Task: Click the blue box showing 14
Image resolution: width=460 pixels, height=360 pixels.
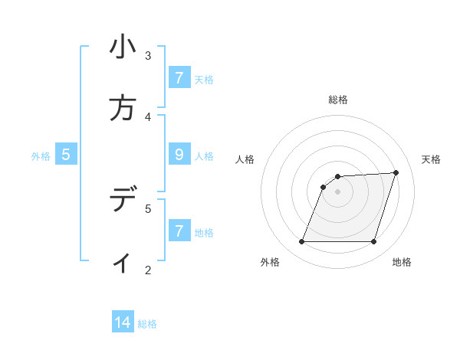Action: click(123, 322)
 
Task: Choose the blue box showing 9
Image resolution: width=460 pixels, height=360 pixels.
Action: click(179, 155)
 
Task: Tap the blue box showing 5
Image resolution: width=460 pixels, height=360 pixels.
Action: click(66, 155)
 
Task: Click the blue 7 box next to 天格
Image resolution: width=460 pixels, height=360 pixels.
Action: click(179, 78)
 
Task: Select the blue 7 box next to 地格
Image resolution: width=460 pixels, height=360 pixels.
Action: click(179, 231)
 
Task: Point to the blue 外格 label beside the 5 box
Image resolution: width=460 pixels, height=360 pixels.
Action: click(41, 155)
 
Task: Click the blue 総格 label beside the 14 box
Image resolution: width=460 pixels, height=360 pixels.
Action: click(147, 323)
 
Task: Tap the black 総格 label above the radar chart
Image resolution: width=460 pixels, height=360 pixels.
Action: click(337, 100)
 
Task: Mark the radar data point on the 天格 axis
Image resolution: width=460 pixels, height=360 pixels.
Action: click(396, 172)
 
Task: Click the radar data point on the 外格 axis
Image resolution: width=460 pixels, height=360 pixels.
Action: click(301, 242)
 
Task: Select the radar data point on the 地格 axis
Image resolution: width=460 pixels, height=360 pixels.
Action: click(373, 242)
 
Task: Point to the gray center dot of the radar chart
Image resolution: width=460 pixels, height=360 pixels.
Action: click(337, 191)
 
